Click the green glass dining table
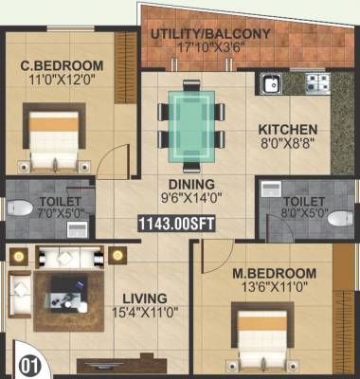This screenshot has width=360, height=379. [x=192, y=121]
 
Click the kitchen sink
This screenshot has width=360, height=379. [x=271, y=83]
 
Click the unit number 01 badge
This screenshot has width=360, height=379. [x=29, y=364]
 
